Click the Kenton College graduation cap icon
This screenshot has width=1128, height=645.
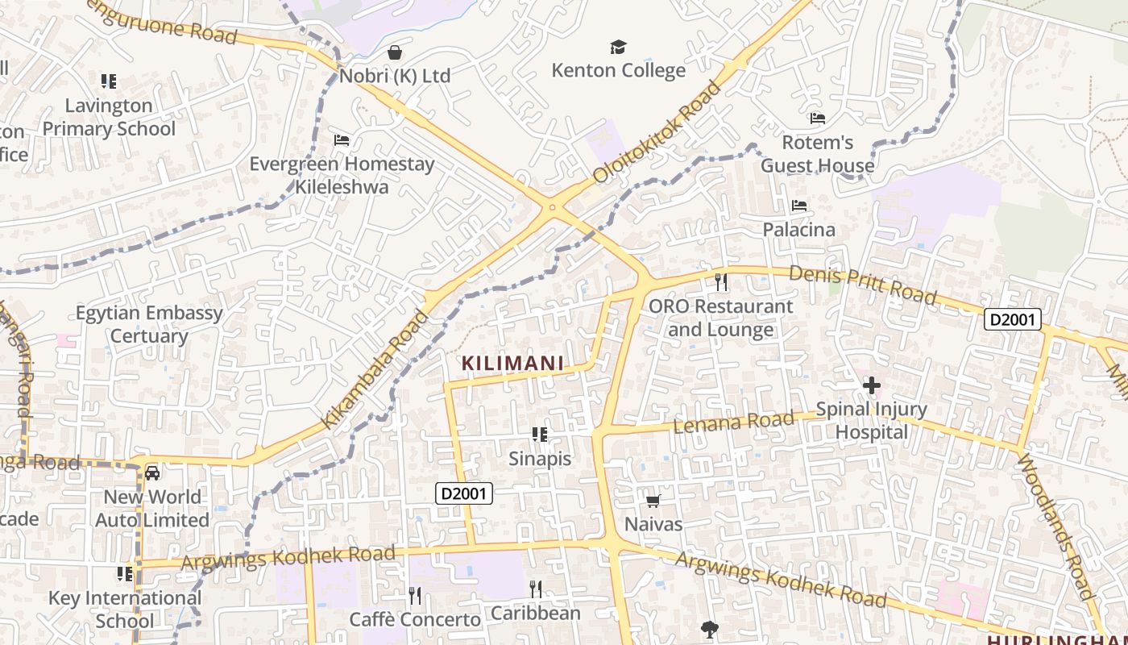[x=618, y=48]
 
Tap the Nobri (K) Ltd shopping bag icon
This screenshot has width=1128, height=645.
[x=395, y=53]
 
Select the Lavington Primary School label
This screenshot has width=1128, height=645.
[x=109, y=117]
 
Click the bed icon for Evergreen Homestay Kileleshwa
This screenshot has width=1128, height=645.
[x=342, y=140]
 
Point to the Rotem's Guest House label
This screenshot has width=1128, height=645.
[x=817, y=154]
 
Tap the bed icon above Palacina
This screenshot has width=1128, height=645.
[x=799, y=206]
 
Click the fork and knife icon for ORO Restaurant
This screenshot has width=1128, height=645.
[x=721, y=282]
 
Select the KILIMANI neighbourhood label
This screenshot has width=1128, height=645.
[x=513, y=364]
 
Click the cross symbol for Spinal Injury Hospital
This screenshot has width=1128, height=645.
[x=871, y=386]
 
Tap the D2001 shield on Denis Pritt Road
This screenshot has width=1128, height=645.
[x=1013, y=320]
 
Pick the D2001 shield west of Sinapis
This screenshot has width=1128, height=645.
[x=463, y=493]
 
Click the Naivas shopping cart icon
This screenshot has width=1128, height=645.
[x=653, y=501]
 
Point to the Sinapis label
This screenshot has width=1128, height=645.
[x=540, y=459]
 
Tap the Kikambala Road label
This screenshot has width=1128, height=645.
[x=375, y=369]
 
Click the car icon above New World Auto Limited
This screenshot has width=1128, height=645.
[x=152, y=472]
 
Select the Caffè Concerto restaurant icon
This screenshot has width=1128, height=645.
[x=415, y=596]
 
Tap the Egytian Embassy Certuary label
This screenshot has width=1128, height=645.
[x=149, y=324]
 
